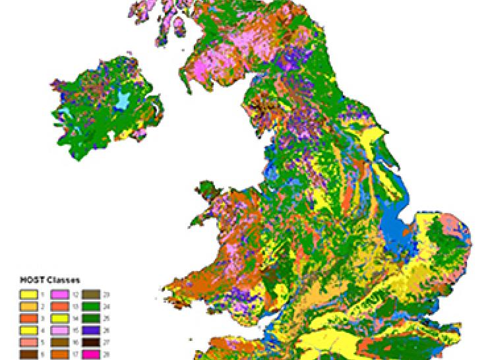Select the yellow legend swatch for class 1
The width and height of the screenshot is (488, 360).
pos(28,295)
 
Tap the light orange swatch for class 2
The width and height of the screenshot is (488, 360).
pos(28,307)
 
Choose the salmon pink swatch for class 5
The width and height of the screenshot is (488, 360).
pos(28,342)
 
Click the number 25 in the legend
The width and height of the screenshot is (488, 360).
pos(106,318)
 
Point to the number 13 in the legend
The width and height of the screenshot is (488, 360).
pos(75,307)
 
